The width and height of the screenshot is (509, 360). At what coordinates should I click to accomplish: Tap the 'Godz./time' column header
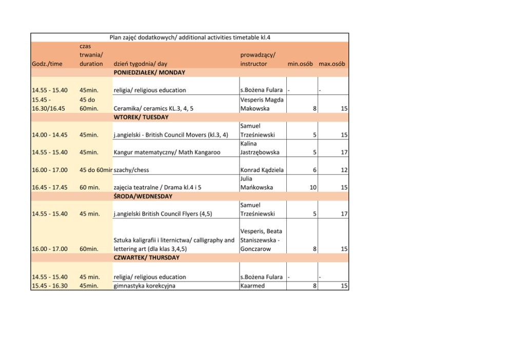click(x=47, y=64)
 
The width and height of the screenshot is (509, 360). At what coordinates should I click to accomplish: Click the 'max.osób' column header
click(x=331, y=64)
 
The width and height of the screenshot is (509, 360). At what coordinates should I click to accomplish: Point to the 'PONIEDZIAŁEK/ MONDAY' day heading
click(x=149, y=72)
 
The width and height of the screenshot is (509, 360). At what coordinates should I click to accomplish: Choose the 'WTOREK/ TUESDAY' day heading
click(x=141, y=117)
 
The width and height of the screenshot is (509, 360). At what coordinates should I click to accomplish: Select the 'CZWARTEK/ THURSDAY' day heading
click(x=146, y=257)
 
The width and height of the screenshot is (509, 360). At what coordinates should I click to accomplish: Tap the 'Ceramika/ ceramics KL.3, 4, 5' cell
click(x=153, y=108)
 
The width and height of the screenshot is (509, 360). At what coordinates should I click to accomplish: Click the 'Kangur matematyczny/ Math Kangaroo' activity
click(x=167, y=152)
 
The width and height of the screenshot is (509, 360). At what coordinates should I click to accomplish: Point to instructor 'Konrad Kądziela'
click(x=262, y=170)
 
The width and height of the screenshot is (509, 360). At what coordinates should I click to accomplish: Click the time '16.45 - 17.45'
click(x=50, y=188)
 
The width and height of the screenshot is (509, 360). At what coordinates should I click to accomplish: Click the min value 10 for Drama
click(x=312, y=188)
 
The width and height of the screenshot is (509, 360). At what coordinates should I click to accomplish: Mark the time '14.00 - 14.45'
click(x=50, y=135)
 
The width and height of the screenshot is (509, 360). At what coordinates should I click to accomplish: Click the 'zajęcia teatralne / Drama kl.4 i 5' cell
click(x=157, y=188)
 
